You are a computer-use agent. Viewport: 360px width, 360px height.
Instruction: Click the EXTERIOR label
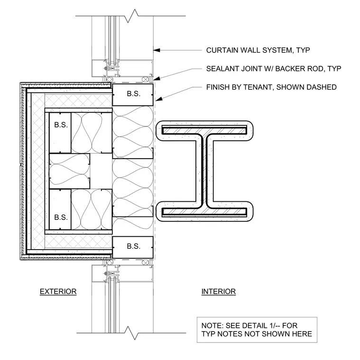tap(58, 291)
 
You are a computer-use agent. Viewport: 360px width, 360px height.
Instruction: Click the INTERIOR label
tap(218, 291)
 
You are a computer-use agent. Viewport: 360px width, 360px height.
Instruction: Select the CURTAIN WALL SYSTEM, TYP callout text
tap(258, 50)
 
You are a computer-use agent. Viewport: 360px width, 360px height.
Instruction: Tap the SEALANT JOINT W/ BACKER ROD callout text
tap(274, 69)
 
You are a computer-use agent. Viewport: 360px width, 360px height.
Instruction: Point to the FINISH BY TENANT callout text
tap(271, 87)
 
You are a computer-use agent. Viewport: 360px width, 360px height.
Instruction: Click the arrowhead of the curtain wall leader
tap(157, 50)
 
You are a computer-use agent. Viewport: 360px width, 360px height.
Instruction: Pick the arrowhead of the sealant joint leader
tap(157, 79)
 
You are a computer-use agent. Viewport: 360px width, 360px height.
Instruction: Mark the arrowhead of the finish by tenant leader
tap(159, 99)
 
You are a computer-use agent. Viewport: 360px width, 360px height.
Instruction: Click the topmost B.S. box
tap(133, 95)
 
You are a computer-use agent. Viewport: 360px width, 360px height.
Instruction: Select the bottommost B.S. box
tap(133, 247)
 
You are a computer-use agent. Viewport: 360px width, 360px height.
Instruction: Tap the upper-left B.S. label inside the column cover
tap(61, 125)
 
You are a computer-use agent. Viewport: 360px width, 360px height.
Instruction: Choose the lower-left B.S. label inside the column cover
tap(61, 217)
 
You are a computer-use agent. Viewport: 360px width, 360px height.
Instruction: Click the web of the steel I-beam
tap(204, 171)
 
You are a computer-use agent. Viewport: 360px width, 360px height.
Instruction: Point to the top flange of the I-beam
tap(204, 130)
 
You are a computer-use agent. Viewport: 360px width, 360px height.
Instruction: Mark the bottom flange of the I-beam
tap(204, 212)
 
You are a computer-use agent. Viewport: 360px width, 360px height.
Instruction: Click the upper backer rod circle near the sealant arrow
tap(145, 80)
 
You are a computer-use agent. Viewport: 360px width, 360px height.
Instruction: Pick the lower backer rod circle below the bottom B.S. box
tap(145, 262)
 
